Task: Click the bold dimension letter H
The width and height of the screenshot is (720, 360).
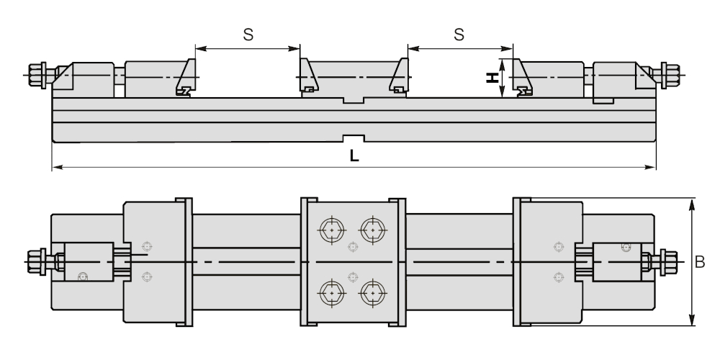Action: [493, 77]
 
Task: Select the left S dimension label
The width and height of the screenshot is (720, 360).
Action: [247, 35]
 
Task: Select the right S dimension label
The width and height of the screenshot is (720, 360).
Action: [459, 35]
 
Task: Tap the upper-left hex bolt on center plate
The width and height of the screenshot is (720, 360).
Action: [331, 230]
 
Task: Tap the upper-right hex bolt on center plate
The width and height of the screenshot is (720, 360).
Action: [372, 230]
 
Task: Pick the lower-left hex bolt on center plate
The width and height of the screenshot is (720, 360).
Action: [331, 293]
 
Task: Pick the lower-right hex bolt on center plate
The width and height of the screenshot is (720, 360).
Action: [372, 293]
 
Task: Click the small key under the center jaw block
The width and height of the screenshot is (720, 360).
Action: [353, 100]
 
